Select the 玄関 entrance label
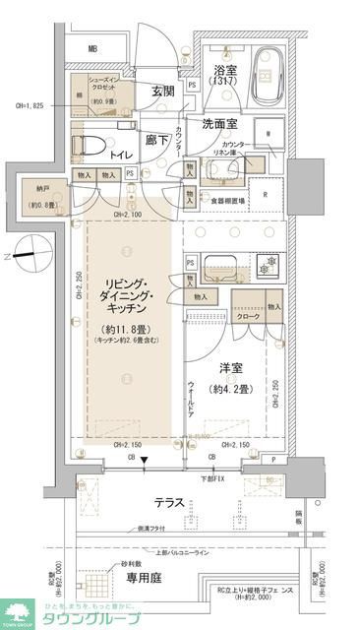tap(163, 92)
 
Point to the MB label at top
tap(92, 48)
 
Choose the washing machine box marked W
tap(268, 135)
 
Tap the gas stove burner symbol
tap(263, 264)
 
